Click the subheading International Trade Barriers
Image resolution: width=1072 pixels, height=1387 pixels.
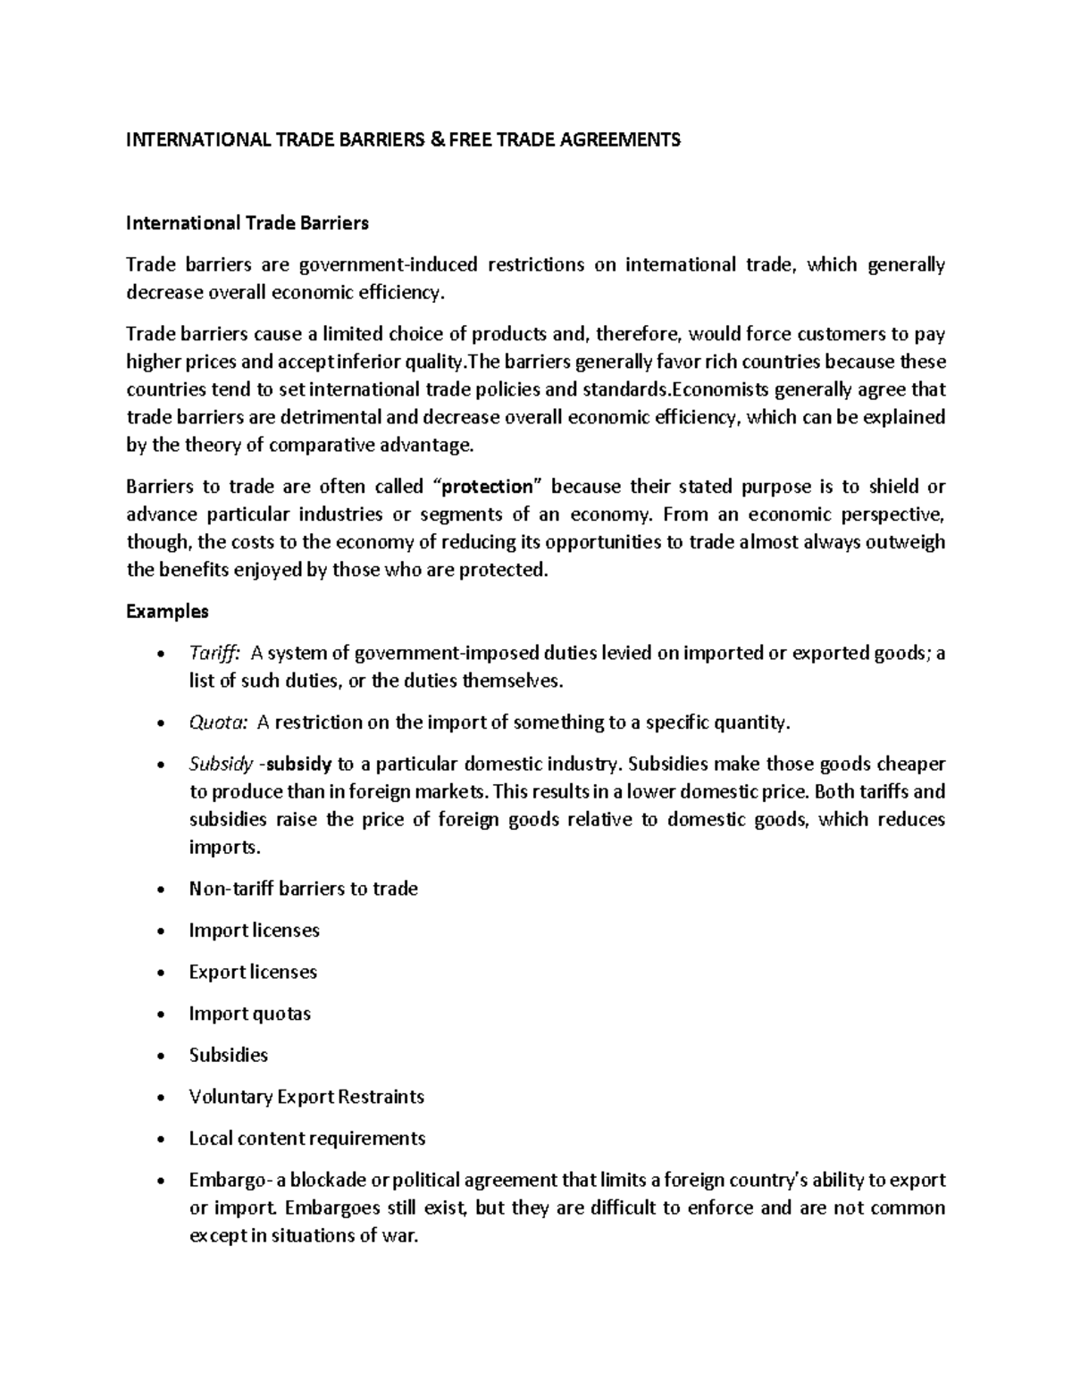coord(247,223)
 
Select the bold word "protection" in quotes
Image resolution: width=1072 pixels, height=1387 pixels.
coord(487,487)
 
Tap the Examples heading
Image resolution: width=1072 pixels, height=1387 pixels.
coord(167,612)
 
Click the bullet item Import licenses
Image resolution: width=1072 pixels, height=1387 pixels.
coord(254,931)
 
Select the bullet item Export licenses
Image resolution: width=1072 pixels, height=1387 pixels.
coord(253,972)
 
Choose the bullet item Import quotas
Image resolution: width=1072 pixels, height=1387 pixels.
coord(249,1014)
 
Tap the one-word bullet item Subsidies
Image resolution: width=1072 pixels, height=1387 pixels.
coord(228,1056)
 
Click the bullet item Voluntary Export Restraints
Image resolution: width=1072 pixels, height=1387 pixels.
coord(306,1097)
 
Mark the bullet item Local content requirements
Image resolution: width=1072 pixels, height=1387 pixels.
coord(306,1139)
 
